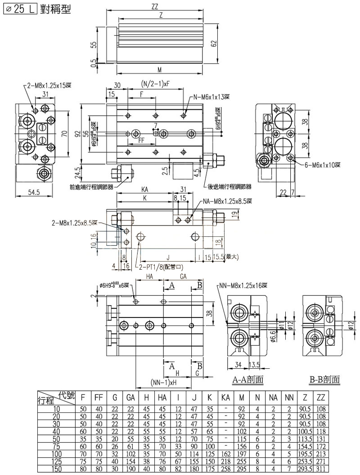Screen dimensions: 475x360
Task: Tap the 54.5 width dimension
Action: coord(31,192)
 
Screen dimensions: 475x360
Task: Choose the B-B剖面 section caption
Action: coord(324,380)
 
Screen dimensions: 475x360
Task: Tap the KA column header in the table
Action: coord(225,398)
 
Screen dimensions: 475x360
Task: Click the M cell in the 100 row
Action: coord(242,454)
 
